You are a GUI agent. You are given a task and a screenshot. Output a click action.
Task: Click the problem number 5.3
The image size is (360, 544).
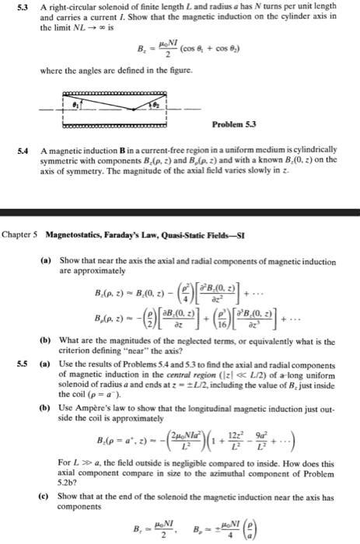(11, 7)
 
